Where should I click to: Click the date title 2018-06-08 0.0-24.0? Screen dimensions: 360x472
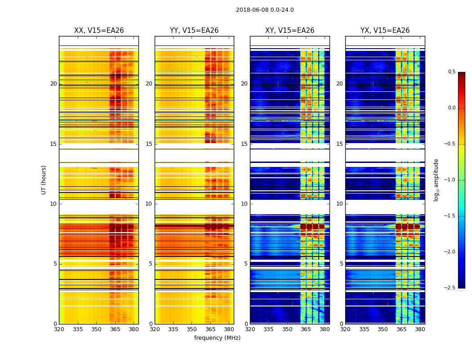point(265,10)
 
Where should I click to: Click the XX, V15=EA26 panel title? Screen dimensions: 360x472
point(99,31)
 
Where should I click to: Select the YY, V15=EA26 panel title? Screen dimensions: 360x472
point(194,31)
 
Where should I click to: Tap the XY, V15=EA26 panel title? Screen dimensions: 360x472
point(289,31)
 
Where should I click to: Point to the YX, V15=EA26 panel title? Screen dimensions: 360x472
point(385,31)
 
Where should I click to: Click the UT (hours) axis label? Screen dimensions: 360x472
point(44,180)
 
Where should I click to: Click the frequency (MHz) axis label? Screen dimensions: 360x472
point(217,338)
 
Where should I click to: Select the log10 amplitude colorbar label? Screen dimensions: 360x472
point(436,180)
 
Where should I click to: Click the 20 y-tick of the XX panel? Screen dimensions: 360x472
point(53,84)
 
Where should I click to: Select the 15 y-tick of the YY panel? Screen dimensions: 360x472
point(149,144)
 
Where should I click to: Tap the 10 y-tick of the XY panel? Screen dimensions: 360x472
point(245,204)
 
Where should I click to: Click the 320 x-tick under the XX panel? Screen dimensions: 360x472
point(59,329)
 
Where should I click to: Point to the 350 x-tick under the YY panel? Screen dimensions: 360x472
point(192,329)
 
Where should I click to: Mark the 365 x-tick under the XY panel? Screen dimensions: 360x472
point(306,329)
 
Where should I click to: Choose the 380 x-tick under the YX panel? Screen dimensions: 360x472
point(420,329)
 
